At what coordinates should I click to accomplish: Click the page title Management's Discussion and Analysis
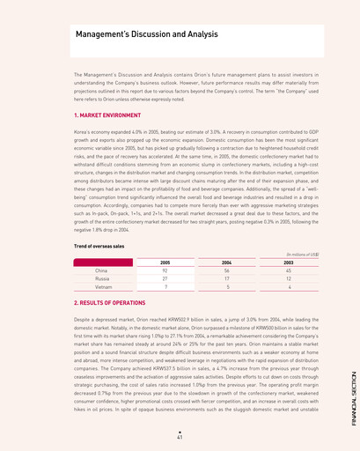click(146, 34)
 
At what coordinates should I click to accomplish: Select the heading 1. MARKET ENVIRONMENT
click(110, 115)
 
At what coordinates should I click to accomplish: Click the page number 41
click(180, 436)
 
